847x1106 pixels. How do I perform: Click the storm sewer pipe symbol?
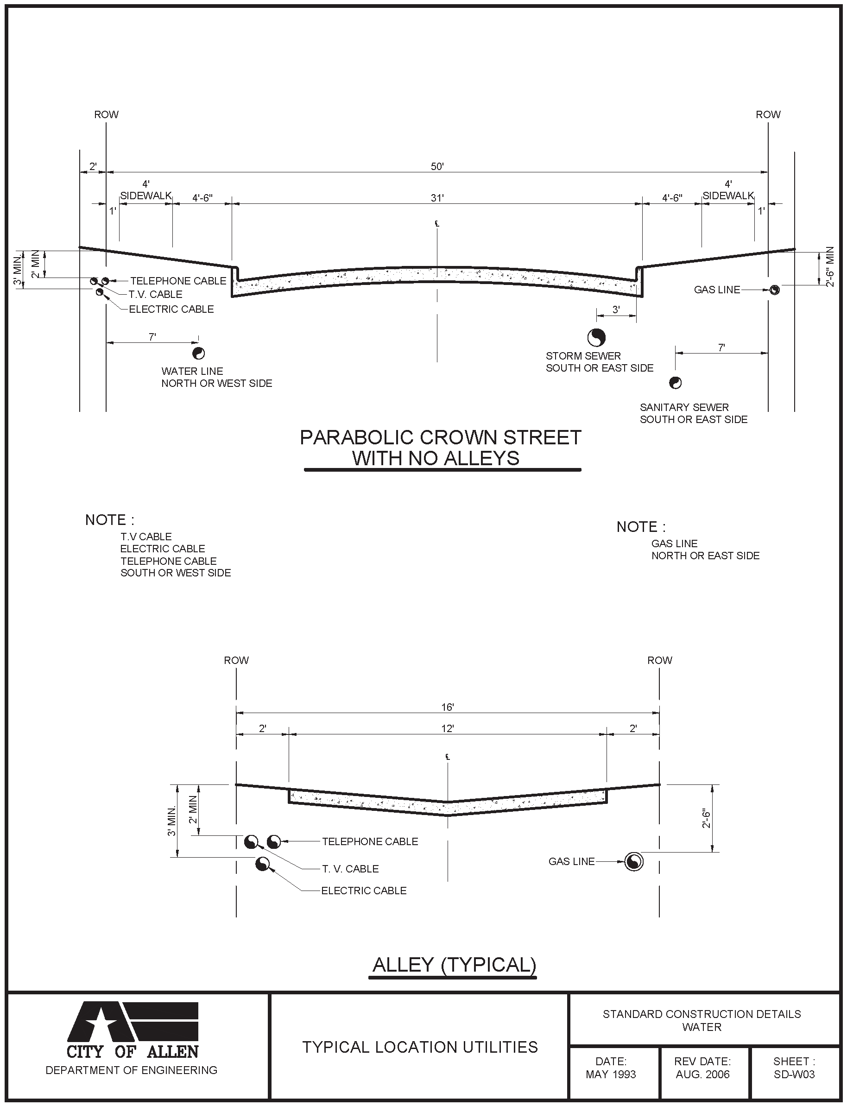pyautogui.click(x=596, y=337)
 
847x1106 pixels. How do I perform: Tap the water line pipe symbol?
pyautogui.click(x=198, y=354)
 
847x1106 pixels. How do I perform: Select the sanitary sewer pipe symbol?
pyautogui.click(x=675, y=383)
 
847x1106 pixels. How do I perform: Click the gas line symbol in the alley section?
pyautogui.click(x=634, y=861)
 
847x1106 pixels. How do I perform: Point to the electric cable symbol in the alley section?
pyautogui.click(x=262, y=864)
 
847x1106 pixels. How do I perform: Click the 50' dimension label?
pyautogui.click(x=437, y=166)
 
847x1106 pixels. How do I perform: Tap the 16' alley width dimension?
pyautogui.click(x=447, y=707)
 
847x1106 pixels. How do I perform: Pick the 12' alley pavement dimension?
pyautogui.click(x=447, y=728)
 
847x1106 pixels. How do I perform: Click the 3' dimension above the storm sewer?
pyautogui.click(x=616, y=310)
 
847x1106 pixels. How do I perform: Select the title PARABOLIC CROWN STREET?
pyautogui.click(x=440, y=437)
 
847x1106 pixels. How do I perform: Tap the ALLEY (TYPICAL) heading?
pyautogui.click(x=454, y=964)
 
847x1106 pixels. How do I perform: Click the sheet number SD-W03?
pyautogui.click(x=794, y=1074)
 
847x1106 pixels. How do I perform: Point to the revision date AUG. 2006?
pyautogui.click(x=702, y=1074)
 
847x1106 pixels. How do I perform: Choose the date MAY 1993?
pyautogui.click(x=611, y=1074)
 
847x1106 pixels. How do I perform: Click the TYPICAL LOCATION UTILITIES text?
pyautogui.click(x=420, y=1047)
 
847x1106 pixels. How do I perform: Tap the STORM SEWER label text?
pyautogui.click(x=583, y=356)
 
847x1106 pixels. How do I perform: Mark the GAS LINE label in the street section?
pyautogui.click(x=717, y=290)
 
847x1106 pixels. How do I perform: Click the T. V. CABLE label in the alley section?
pyautogui.click(x=350, y=869)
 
